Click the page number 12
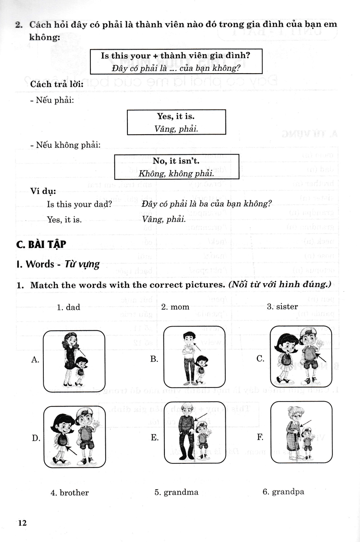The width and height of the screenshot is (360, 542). [23, 523]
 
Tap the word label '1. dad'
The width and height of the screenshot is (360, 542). [68, 307]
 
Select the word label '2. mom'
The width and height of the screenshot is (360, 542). [175, 307]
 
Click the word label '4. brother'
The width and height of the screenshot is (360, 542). [70, 492]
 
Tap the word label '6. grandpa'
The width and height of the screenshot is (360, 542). [283, 492]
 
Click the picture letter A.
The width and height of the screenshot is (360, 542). [36, 360]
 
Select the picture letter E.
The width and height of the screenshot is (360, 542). [154, 437]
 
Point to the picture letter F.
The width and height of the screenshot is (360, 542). [260, 437]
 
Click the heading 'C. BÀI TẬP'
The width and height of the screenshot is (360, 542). [41, 244]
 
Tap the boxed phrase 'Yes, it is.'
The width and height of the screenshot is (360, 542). [176, 117]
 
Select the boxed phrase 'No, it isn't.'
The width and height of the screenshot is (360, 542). [176, 160]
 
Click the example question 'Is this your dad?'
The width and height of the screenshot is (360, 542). [79, 204]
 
